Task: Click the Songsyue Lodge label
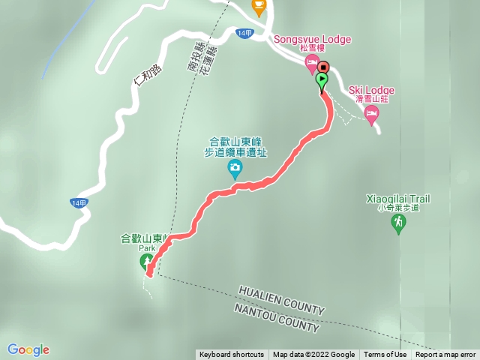coord(312,39)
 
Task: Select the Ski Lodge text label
coord(371,90)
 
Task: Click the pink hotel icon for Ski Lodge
coord(371,113)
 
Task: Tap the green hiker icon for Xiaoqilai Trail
coord(399,223)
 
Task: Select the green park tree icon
coord(145,262)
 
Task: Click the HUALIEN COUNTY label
coord(281,300)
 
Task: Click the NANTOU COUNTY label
coord(277,319)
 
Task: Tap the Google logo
coord(28,349)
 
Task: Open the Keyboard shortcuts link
coord(232,355)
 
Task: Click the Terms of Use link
coord(385,355)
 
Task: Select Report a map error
coord(445,355)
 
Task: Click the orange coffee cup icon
coord(259,7)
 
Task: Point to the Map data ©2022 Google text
coord(313,355)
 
